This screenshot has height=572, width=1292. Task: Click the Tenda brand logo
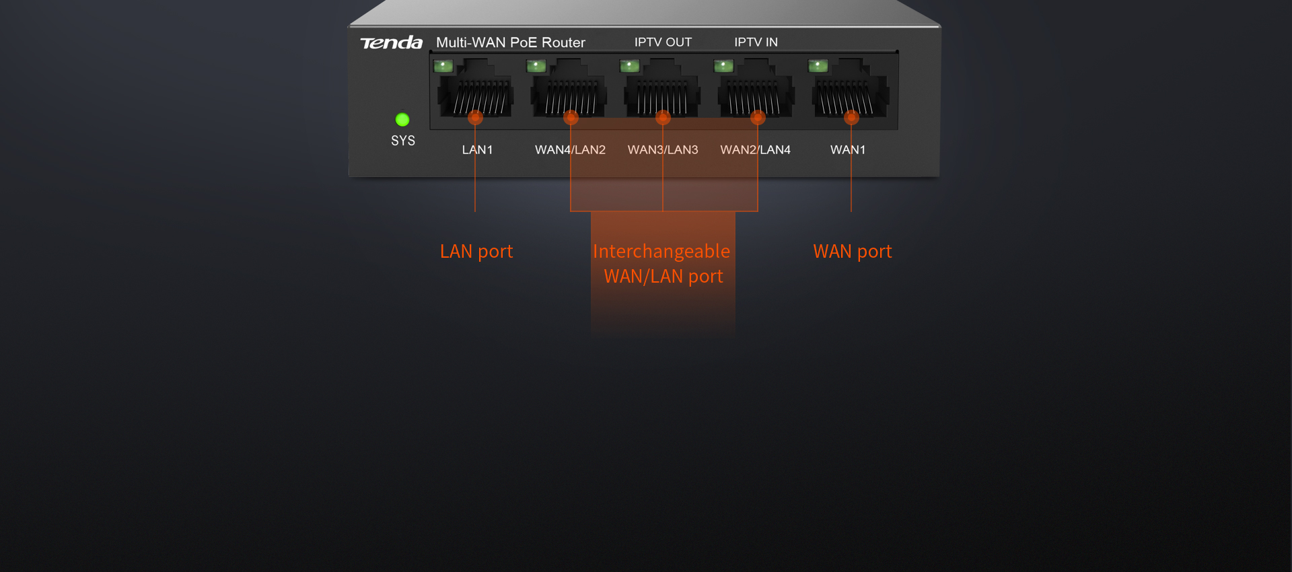pos(391,43)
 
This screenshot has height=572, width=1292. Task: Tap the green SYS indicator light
pos(402,120)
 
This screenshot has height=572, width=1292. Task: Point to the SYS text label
pos(403,141)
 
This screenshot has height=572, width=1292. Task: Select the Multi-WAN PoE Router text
pos(511,42)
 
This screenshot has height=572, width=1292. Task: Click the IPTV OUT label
pos(663,42)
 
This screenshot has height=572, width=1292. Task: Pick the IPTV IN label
pos(756,42)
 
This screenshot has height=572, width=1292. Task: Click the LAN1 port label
pos(477,149)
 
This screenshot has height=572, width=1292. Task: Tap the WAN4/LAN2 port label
pos(570,149)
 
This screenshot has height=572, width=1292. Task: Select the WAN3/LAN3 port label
pos(663,149)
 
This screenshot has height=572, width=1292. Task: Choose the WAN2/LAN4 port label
pos(755,149)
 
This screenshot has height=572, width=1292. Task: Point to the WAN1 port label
pos(848,149)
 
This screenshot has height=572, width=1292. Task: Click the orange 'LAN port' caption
pos(476,251)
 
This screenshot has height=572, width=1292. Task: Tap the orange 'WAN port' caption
pos(853,251)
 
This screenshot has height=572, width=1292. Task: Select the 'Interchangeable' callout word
pos(661,251)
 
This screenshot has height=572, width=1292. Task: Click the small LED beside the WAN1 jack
pos(818,65)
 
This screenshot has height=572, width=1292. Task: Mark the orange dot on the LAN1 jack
pos(475,118)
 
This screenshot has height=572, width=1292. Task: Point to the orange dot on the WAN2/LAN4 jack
pos(758,118)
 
